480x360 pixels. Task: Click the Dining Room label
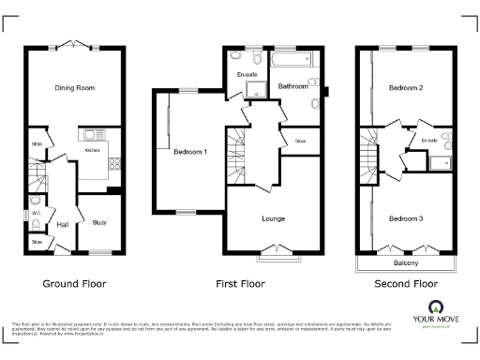(74, 88)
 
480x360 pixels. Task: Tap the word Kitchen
(93, 150)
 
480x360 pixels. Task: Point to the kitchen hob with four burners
(114, 163)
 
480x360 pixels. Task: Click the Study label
(99, 222)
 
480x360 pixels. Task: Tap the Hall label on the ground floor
(63, 225)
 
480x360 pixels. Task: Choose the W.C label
(37, 213)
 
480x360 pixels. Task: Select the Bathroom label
(293, 86)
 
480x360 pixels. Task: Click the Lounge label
(273, 218)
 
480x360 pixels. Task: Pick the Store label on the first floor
(300, 142)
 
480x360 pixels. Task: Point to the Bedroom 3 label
(407, 218)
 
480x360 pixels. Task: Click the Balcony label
(404, 264)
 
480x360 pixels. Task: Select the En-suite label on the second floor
(430, 141)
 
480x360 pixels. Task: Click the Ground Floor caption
(74, 283)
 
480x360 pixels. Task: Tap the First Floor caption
(240, 283)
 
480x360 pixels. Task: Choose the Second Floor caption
(406, 283)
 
